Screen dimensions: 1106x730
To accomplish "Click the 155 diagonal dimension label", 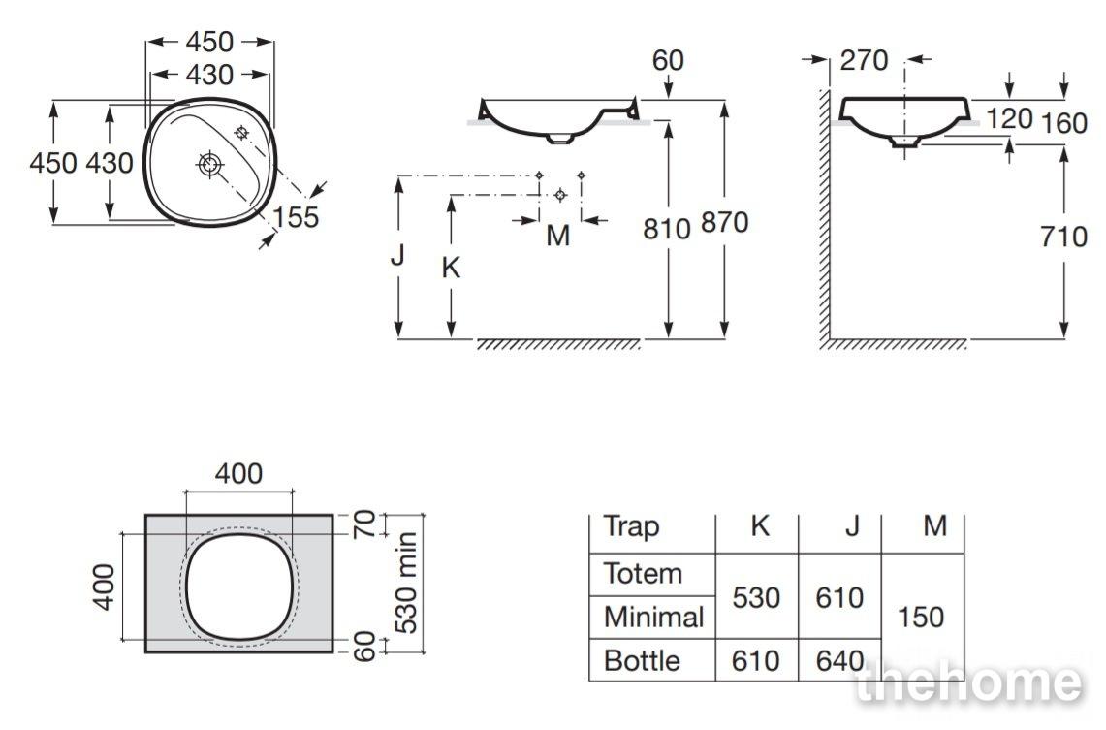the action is [x=297, y=217].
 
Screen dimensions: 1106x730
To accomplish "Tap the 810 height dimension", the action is [x=667, y=229].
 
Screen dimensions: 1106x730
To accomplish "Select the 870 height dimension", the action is [x=724, y=223].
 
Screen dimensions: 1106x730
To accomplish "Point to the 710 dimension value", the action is [x=1064, y=237].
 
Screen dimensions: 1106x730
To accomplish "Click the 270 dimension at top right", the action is [x=864, y=61].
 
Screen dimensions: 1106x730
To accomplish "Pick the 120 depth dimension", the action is [x=1009, y=118].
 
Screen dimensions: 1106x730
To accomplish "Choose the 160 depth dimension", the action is [x=1064, y=123].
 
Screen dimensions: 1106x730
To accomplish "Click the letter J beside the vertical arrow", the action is [x=397, y=254].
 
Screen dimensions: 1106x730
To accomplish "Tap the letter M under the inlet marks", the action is [x=558, y=236].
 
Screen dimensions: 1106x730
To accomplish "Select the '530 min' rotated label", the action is [x=407, y=584].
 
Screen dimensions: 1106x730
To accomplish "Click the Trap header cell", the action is [x=631, y=526].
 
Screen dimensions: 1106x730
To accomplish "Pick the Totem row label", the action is [x=643, y=573].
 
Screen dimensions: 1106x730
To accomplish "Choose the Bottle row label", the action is [x=642, y=661].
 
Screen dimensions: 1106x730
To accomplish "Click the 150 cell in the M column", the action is [x=921, y=618].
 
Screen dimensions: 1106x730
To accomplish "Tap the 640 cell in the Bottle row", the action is [x=839, y=661].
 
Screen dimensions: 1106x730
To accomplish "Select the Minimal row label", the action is [x=654, y=618].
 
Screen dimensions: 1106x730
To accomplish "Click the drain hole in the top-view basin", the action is [x=209, y=165].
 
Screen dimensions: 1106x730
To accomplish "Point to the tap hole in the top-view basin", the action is [x=241, y=132].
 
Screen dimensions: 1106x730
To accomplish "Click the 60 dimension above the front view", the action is [x=667, y=61].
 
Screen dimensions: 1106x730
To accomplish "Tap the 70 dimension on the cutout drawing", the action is [x=365, y=524].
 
